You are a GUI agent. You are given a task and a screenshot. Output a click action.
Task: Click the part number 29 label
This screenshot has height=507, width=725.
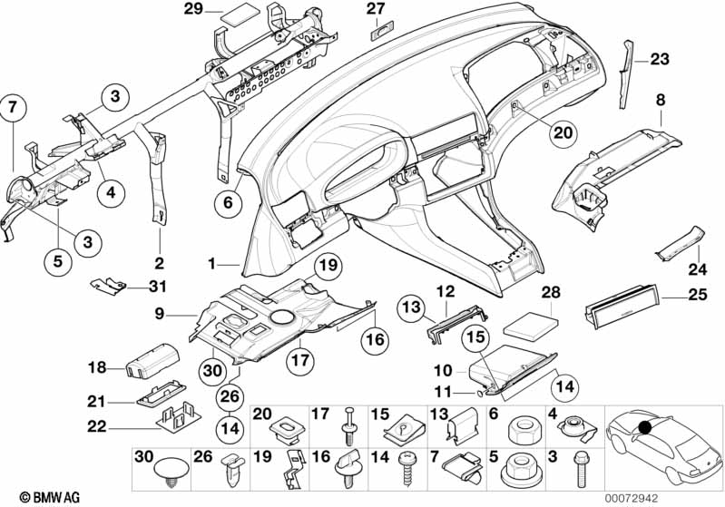click(x=192, y=10)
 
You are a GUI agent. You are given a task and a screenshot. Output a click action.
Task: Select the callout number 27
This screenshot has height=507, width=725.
click(x=377, y=9)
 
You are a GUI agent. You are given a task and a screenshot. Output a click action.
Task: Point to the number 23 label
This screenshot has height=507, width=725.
click(x=658, y=60)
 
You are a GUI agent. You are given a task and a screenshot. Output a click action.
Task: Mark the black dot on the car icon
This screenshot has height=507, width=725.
click(x=645, y=427)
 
